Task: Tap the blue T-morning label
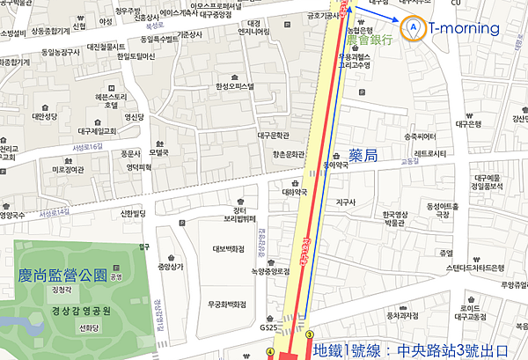point(464,28)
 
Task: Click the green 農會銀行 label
point(370,40)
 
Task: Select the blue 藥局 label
point(363,155)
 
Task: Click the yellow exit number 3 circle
point(310,334)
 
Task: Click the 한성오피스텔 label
point(233,86)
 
